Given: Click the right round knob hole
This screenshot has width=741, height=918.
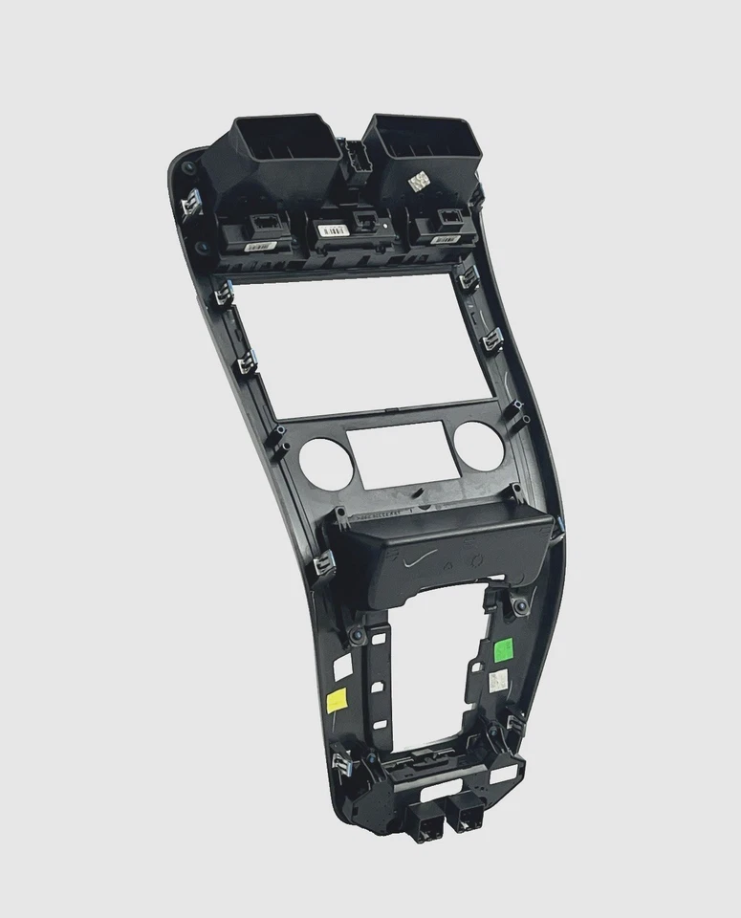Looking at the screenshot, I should pyautogui.click(x=471, y=443).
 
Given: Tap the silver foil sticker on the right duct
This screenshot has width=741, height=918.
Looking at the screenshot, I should pyautogui.click(x=418, y=180).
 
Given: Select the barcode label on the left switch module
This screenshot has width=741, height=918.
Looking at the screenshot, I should pyautogui.click(x=260, y=246).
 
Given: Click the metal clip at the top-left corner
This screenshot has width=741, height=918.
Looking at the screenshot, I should pyautogui.click(x=189, y=203).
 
